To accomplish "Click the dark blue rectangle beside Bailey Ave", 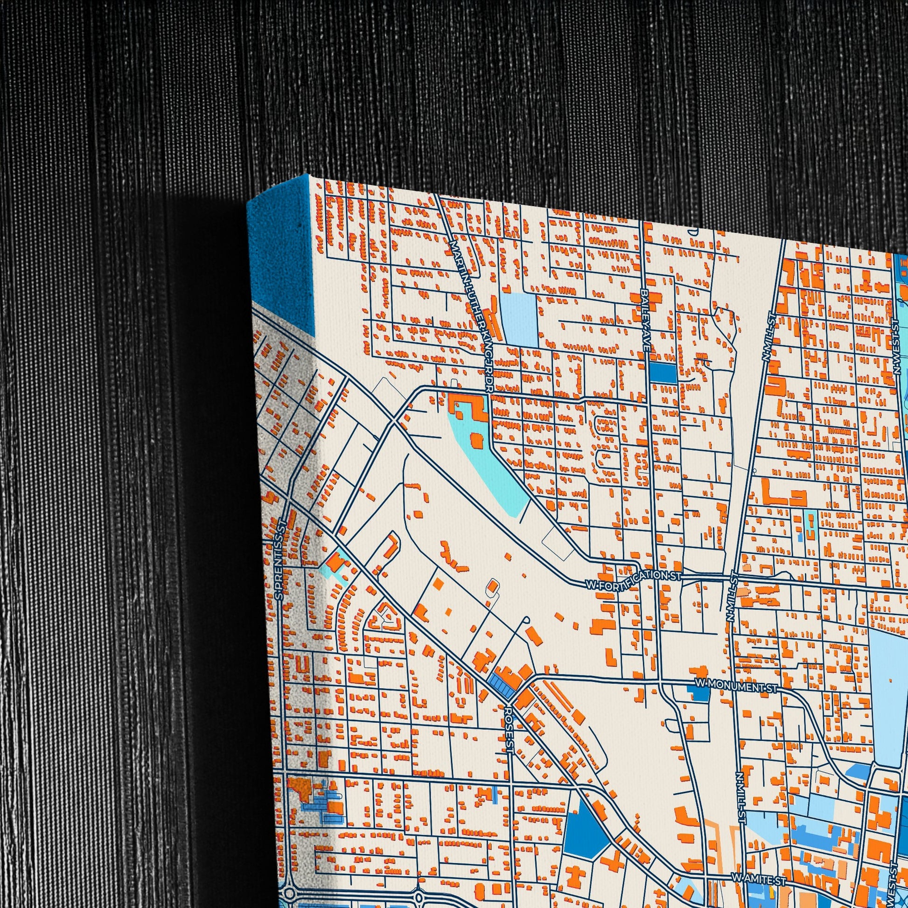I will point(663,373).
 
